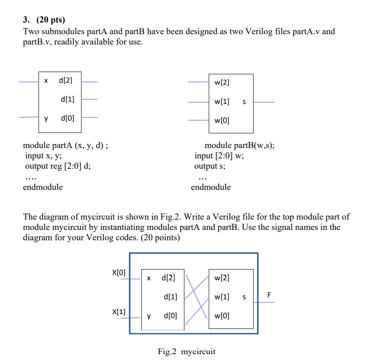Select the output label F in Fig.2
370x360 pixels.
click(269, 295)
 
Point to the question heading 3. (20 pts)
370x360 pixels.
click(44, 21)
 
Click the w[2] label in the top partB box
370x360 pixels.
click(222, 82)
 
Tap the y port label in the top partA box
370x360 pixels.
click(46, 118)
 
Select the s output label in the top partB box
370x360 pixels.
click(244, 102)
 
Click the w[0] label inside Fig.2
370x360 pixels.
click(222, 316)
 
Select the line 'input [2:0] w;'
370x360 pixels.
click(219, 156)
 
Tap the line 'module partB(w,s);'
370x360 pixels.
click(240, 146)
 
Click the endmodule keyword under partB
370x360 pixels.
click(211, 187)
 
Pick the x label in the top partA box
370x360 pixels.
click(46, 81)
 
